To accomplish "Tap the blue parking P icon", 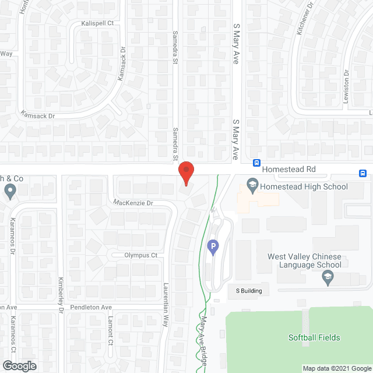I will (213, 248).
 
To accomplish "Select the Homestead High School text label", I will (304, 186).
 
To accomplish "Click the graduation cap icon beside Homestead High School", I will (252, 186).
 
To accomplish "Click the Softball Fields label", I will (314, 337).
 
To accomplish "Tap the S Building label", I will (249, 291).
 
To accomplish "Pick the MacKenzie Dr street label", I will (133, 203).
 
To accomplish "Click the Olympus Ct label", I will (141, 255).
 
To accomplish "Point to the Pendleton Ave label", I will (90, 307).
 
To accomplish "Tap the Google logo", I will (19, 365).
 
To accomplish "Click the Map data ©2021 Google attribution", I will (336, 368).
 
